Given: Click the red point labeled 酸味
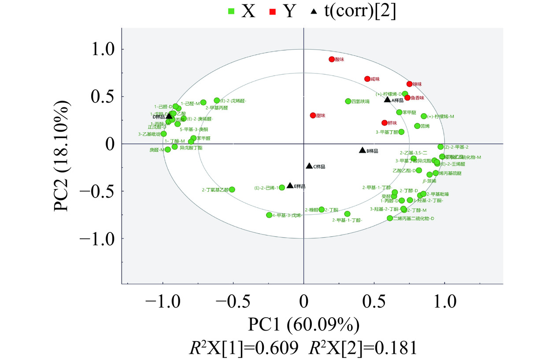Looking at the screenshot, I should [x=332, y=59].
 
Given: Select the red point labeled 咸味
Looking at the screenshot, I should [x=367, y=79].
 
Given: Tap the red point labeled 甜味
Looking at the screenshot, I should [x=313, y=115].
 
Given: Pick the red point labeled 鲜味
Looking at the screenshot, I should [x=384, y=123].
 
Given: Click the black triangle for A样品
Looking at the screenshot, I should [x=387, y=99].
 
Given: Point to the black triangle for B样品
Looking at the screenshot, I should [x=362, y=150].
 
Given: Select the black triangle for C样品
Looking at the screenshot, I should [x=309, y=166].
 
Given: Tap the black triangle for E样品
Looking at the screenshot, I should [x=290, y=186].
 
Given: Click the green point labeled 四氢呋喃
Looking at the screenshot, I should [x=348, y=101].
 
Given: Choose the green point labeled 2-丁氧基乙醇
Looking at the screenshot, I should [x=232, y=190].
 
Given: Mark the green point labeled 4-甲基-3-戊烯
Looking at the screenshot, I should [x=269, y=215].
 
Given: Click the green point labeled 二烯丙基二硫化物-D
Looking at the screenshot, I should [x=389, y=218].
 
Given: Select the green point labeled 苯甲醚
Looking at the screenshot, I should [x=399, y=112].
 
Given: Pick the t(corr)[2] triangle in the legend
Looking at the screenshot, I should [x=313, y=12].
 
